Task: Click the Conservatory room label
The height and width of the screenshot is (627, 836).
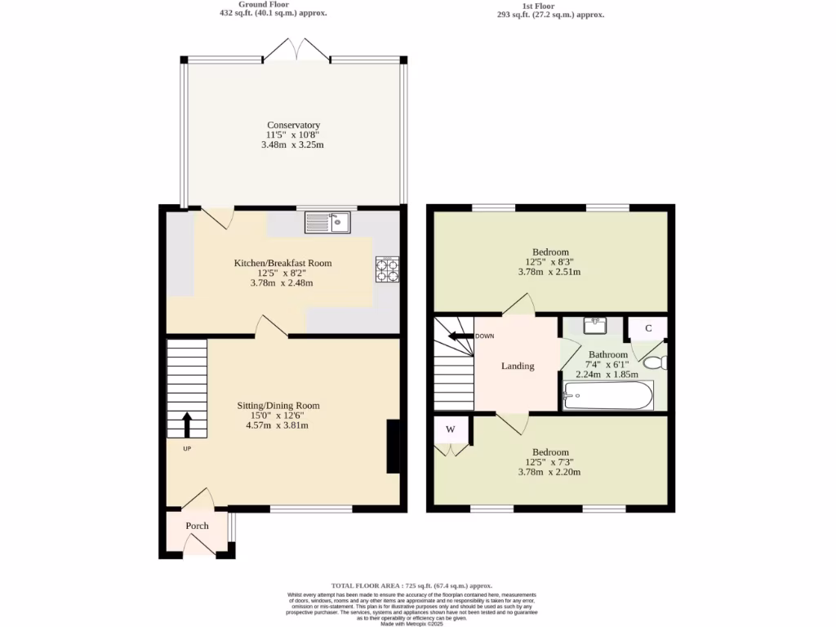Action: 293,125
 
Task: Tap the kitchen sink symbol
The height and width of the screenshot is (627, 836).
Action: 327,221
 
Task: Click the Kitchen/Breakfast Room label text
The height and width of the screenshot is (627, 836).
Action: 282,263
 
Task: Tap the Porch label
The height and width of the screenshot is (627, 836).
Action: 197,526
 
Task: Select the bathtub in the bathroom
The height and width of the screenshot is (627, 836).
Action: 608,396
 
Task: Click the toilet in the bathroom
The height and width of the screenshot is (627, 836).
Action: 656,362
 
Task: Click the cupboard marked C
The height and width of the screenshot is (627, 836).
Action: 648,328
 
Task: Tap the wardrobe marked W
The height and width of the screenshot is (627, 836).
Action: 450,429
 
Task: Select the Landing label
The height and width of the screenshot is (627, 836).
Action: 518,366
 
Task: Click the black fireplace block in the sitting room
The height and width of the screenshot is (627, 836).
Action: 393,447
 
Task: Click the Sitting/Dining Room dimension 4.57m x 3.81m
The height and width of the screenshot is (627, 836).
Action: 278,425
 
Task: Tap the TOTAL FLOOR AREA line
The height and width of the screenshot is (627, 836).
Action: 411,585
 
